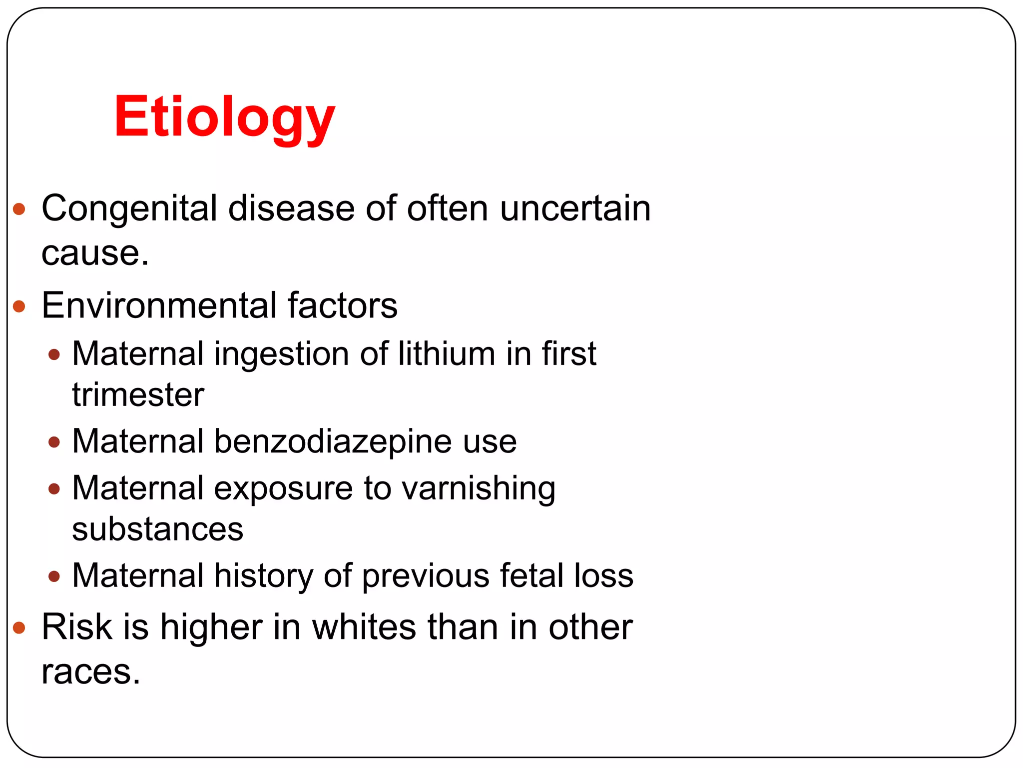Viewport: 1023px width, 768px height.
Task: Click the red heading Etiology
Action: [224, 118]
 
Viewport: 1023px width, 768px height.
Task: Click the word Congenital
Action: [129, 209]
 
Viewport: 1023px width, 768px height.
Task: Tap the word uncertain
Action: [575, 209]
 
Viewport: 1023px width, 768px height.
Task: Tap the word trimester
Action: [138, 395]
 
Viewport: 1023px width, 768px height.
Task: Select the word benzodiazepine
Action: [365, 441]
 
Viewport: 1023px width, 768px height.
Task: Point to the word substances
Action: [157, 529]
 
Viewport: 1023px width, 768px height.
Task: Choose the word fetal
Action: [531, 575]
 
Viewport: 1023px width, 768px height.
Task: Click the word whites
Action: [364, 627]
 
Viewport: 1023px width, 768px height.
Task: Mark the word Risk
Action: [77, 627]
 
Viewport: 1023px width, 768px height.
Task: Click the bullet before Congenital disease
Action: [19, 209]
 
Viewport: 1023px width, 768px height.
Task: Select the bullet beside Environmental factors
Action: [19, 306]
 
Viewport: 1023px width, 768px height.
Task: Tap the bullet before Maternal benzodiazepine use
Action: [54, 442]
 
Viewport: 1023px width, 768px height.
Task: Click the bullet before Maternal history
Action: [54, 576]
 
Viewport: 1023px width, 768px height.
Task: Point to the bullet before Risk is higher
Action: [19, 627]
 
